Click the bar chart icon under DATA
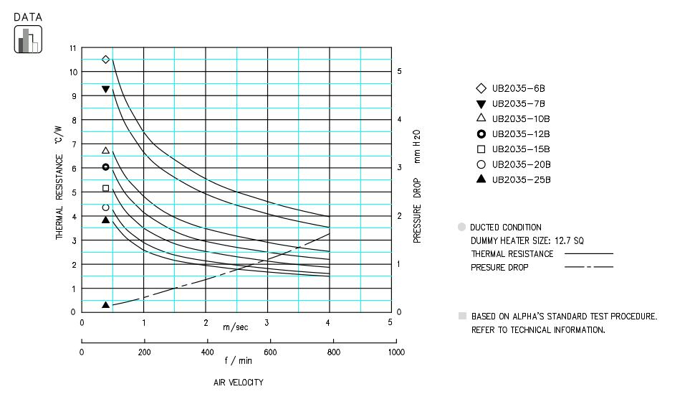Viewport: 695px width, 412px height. click(28, 39)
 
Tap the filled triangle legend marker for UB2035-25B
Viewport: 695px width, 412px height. click(481, 179)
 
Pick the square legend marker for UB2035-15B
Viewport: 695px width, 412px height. click(481, 149)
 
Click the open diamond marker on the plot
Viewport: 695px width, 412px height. click(105, 60)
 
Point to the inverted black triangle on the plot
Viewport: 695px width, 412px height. click(105, 89)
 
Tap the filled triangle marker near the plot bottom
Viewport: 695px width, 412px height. click(105, 304)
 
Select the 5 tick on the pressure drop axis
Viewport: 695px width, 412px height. click(400, 72)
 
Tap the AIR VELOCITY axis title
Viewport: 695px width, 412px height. click(239, 383)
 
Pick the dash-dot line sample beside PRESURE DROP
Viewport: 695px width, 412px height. click(588, 267)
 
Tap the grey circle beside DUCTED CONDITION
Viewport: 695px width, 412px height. click(461, 227)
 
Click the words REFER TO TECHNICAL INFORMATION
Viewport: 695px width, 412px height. click(538, 330)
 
